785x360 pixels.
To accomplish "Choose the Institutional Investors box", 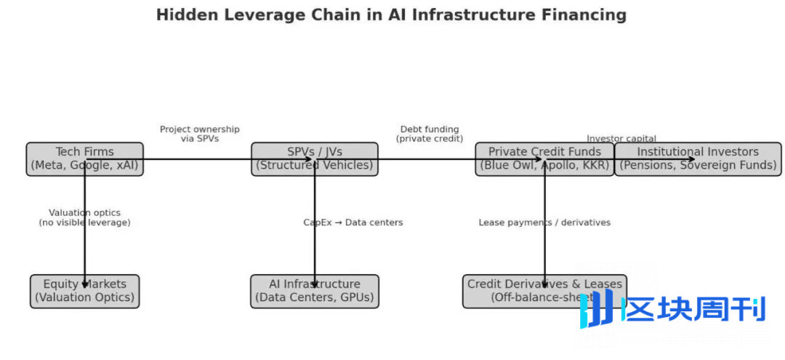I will click(x=698, y=159).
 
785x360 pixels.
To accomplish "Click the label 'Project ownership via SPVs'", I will click(x=199, y=134).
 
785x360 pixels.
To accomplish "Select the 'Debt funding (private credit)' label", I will click(x=430, y=134).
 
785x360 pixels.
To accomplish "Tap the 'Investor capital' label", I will click(x=621, y=138).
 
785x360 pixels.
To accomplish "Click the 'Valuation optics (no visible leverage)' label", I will click(x=84, y=217).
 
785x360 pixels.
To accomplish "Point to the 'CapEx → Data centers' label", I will click(x=353, y=223).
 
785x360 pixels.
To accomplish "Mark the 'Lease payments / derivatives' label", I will click(x=544, y=223).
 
